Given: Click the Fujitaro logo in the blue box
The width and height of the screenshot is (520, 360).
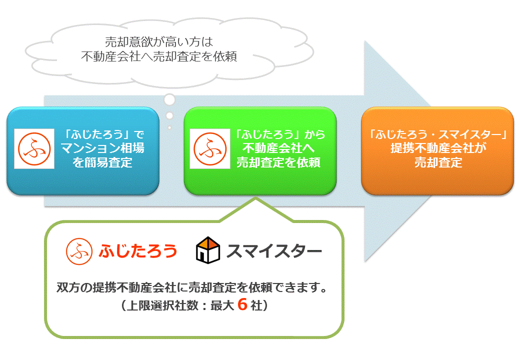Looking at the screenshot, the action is (x=34, y=149).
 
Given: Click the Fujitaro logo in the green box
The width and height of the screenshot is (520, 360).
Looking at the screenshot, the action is (x=210, y=149).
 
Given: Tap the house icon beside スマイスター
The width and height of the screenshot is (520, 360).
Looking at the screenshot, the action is (x=208, y=250).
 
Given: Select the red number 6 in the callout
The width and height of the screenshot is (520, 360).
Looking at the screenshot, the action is (x=242, y=304).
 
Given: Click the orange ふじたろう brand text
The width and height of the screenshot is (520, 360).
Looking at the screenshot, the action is (x=138, y=251).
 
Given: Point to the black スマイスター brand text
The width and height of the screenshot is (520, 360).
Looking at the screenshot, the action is (x=274, y=251).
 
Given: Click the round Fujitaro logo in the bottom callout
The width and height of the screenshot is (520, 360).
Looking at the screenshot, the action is (x=79, y=251).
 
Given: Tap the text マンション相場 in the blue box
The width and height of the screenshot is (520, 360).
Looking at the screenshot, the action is (x=103, y=148).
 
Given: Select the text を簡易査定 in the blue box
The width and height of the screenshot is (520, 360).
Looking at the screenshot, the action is (x=102, y=162).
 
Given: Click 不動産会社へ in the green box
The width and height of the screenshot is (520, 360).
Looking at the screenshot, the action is (x=278, y=148).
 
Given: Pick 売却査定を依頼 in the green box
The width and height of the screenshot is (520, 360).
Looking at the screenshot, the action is (x=278, y=162).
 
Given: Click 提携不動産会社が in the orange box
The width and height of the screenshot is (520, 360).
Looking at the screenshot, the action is (x=438, y=148).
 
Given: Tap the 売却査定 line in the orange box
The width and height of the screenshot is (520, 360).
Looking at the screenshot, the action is (x=438, y=162).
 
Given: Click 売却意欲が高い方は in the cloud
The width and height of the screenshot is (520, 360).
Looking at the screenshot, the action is (x=159, y=42).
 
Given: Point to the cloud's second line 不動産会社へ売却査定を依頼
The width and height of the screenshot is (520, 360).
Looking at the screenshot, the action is (x=159, y=56).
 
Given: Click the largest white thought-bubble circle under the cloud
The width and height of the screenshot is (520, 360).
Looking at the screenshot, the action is (x=169, y=99).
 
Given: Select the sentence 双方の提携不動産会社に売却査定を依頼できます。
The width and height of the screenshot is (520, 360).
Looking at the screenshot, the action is (x=192, y=287).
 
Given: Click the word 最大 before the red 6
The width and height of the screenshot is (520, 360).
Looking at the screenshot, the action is (x=222, y=305).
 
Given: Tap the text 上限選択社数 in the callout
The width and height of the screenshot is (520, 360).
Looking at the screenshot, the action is (x=162, y=305).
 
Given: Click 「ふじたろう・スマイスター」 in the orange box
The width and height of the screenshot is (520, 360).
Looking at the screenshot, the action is (x=438, y=134).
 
